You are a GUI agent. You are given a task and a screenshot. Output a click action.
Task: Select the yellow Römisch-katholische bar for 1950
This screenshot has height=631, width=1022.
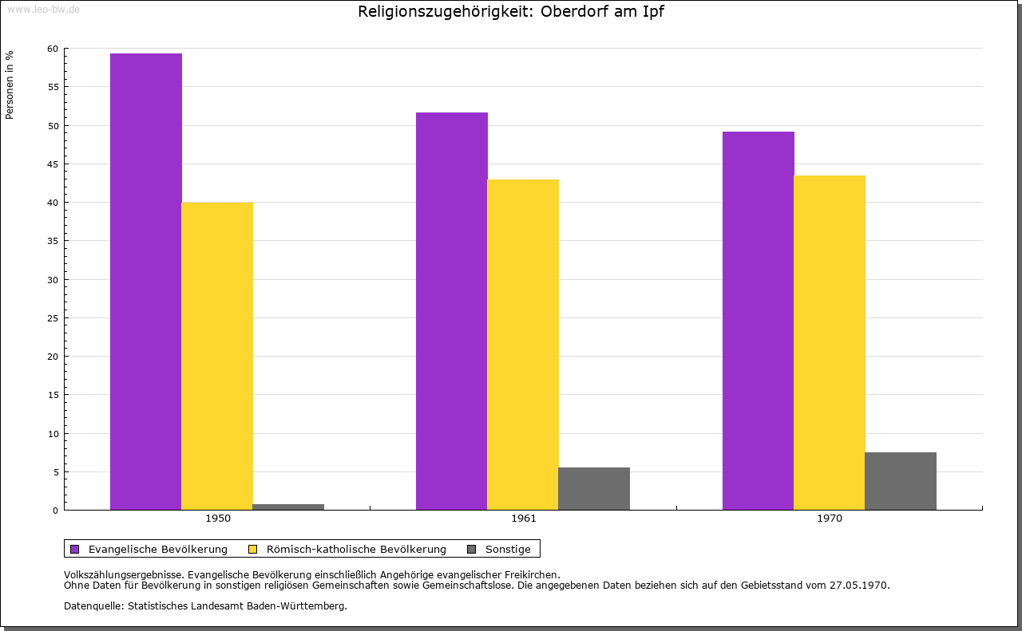point(217,356)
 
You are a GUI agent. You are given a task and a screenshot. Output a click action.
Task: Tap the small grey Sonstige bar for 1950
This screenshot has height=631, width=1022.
point(288,507)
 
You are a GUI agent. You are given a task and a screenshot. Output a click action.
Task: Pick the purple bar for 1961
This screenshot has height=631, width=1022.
point(452,311)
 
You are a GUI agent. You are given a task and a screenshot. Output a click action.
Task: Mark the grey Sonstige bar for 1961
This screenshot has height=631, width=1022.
point(594,488)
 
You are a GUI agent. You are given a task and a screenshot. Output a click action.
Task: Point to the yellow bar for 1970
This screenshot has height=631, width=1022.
point(830,342)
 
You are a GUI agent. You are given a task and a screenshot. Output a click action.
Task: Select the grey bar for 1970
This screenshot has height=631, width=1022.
point(901,481)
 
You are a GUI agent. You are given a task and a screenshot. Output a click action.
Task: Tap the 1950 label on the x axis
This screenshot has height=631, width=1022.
point(218,519)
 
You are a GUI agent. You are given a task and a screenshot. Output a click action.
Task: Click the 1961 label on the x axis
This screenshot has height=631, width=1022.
point(524,519)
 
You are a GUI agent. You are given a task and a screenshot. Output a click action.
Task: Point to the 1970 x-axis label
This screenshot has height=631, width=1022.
point(830,519)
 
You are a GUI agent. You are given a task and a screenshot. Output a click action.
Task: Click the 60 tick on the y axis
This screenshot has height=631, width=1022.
point(53,49)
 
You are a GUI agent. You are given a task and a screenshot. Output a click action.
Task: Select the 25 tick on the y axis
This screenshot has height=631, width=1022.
point(53,318)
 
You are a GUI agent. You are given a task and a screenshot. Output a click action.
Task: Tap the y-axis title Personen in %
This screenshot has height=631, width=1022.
point(10,85)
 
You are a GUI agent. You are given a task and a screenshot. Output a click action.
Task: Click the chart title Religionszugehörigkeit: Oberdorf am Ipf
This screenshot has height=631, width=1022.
point(511,12)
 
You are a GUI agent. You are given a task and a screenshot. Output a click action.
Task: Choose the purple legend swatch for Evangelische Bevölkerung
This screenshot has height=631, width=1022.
point(75,549)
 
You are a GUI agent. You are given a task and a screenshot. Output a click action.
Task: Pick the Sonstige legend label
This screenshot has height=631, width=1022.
point(508,549)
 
